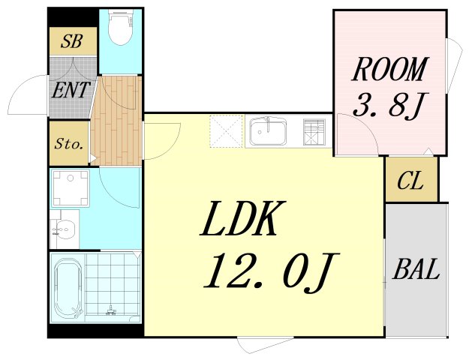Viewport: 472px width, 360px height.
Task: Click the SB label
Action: (x=71, y=41)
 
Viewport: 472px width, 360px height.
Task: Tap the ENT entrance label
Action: (x=71, y=89)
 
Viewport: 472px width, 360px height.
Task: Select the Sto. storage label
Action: (x=68, y=144)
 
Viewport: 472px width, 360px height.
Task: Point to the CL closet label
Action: (x=410, y=181)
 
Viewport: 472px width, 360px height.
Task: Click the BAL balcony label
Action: (x=416, y=269)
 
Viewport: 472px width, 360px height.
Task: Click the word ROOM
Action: (x=389, y=69)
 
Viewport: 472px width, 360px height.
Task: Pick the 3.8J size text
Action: (x=390, y=105)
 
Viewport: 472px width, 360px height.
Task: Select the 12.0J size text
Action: (x=272, y=273)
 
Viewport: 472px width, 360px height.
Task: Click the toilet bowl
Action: (x=121, y=28)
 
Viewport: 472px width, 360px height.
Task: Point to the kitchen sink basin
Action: (x=267, y=131)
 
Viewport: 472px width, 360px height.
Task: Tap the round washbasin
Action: (x=65, y=229)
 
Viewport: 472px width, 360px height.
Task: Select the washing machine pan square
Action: (x=70, y=188)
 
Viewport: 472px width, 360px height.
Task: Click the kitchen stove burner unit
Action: (x=314, y=132)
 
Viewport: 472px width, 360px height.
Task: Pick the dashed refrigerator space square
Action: (x=226, y=131)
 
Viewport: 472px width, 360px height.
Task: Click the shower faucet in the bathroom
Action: (x=111, y=310)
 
